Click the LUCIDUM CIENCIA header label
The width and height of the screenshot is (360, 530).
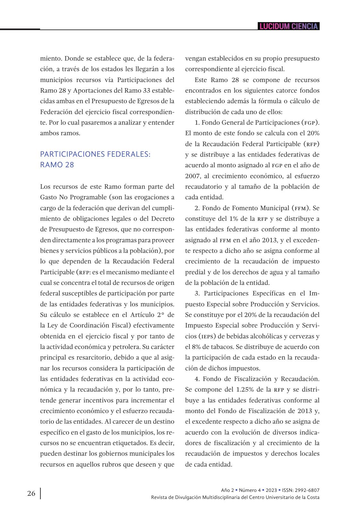click(x=289, y=26)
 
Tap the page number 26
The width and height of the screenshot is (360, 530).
click(x=31, y=493)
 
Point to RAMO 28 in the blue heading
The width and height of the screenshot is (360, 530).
click(x=57, y=165)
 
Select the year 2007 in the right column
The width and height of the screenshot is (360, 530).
click(x=193, y=176)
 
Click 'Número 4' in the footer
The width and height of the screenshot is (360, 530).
click(x=250, y=490)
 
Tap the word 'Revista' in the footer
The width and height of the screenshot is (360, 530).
click(x=159, y=497)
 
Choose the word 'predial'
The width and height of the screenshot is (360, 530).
click(x=195, y=272)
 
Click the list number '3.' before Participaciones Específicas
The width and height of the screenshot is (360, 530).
click(x=197, y=293)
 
